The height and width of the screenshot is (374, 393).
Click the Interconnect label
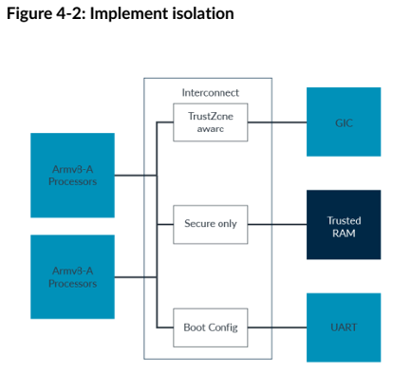[x=210, y=92]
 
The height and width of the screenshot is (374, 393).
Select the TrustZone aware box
[x=210, y=122]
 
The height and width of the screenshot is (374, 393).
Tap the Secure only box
[x=210, y=224]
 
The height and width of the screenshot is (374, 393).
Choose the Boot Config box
[x=210, y=327]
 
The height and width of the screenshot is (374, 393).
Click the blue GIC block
[x=343, y=122]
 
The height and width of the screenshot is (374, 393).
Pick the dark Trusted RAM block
[x=343, y=225]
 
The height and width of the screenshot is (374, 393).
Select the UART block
[x=343, y=327]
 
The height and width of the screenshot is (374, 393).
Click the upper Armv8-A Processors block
[x=72, y=175]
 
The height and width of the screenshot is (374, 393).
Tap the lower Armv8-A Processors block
[x=72, y=276]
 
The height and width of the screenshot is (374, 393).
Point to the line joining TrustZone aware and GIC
[x=276, y=122]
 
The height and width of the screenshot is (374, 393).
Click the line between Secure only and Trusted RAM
[x=276, y=225]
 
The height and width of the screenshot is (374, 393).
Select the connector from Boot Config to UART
[x=276, y=327]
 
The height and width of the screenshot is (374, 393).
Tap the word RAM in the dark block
[x=343, y=233]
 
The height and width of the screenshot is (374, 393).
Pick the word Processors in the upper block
[x=73, y=181]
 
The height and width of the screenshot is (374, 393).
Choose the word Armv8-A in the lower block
[x=72, y=270]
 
